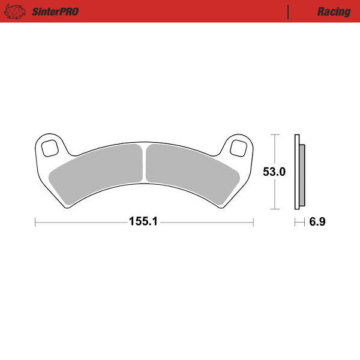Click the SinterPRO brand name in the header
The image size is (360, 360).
(55, 11)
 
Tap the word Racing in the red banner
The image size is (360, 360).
(334, 11)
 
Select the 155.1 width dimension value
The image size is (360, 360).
(143, 222)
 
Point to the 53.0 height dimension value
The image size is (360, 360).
(274, 172)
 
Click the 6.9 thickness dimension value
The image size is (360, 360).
(317, 222)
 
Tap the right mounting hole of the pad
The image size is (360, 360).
(239, 148)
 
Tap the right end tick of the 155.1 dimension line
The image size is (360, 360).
(254, 222)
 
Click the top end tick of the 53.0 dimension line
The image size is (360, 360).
(274, 135)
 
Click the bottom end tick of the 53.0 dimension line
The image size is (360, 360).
(274, 209)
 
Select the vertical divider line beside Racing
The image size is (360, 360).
(289, 11)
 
